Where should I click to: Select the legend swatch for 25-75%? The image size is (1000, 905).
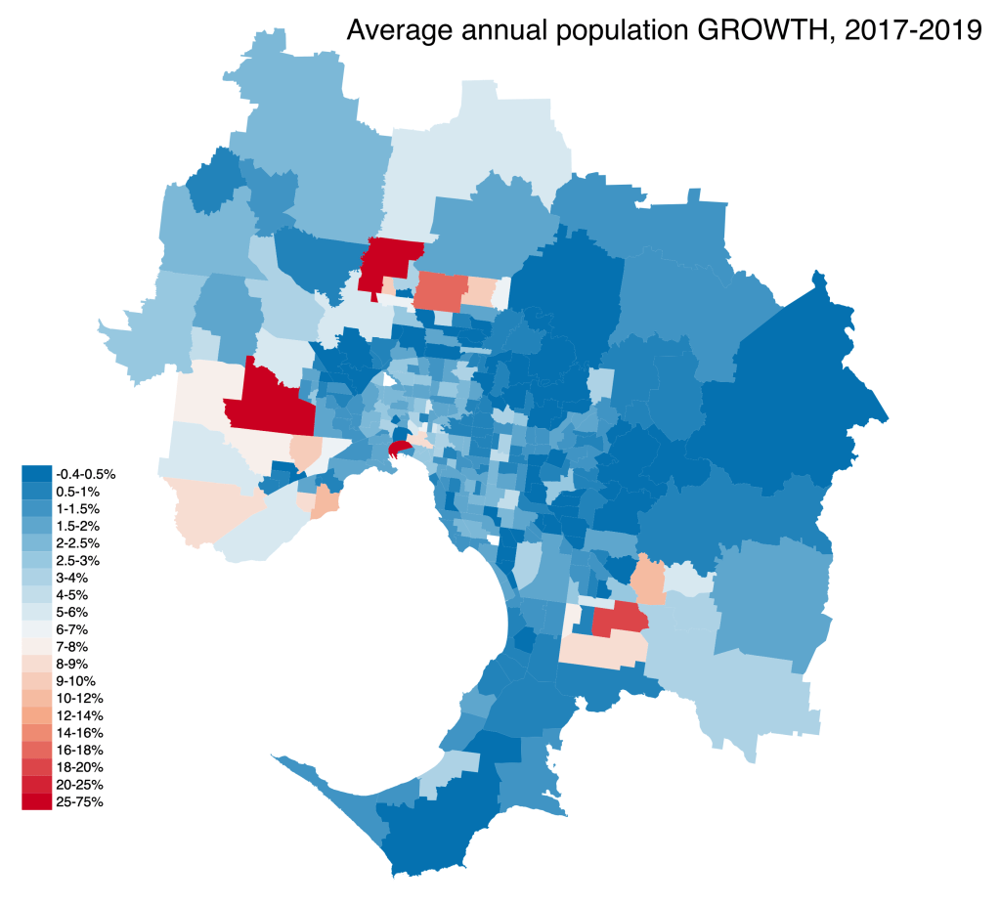pos(37,802)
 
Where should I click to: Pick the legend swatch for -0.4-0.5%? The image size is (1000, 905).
pos(37,473)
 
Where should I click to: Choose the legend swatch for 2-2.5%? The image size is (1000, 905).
pos(37,542)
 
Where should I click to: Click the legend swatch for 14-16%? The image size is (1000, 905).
pos(37,732)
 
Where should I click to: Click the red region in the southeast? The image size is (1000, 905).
pos(619,619)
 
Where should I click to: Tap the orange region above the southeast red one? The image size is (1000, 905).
pos(648,580)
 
